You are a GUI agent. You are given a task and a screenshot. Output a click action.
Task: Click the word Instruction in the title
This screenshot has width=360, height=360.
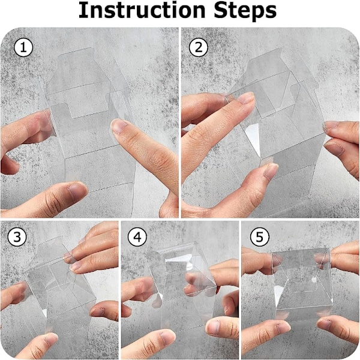[142, 10]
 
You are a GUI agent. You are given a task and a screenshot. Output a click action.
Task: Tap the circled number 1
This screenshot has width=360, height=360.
[23, 48]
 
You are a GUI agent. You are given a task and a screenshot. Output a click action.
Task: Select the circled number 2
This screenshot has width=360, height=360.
[199, 48]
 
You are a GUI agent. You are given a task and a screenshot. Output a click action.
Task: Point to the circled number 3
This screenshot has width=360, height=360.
[17, 237]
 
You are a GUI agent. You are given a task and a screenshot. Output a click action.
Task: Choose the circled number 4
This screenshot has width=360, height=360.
[137, 237]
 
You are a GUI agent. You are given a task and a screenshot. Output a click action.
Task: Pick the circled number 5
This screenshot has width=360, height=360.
[259, 237]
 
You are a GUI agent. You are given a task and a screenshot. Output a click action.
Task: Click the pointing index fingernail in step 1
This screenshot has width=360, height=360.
[119, 126]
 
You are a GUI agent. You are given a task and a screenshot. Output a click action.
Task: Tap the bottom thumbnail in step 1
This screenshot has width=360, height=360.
[77, 191]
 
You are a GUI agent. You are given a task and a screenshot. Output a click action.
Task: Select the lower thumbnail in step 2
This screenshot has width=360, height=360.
[271, 172]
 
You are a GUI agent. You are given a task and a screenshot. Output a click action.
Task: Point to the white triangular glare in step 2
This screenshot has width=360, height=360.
[253, 138]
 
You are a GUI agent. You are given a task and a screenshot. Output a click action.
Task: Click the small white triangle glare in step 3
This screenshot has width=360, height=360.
[44, 313]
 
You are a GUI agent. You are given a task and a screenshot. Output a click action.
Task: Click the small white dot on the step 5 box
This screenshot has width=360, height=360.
[314, 280]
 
